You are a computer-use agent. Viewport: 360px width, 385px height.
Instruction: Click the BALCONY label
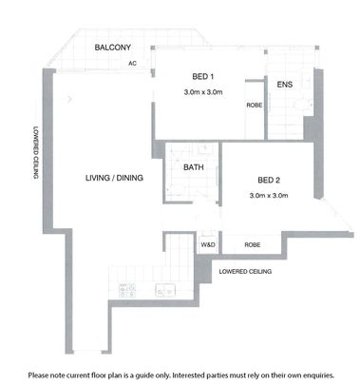pyautogui.click(x=112, y=48)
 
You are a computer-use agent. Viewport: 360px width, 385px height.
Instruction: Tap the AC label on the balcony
pyautogui.click(x=134, y=64)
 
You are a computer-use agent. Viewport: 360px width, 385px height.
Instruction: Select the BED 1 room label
pyautogui.click(x=202, y=76)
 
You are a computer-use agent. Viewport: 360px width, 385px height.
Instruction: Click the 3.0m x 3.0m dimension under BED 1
pyautogui.click(x=202, y=92)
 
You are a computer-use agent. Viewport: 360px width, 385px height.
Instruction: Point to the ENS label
pyautogui.click(x=284, y=85)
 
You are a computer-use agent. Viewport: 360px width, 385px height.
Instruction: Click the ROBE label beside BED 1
pyautogui.click(x=254, y=106)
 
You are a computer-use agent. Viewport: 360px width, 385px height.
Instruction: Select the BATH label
pyautogui.click(x=194, y=167)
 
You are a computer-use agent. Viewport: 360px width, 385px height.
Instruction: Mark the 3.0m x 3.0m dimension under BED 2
pyautogui.click(x=268, y=196)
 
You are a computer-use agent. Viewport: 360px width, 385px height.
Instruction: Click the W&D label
pyautogui.click(x=207, y=245)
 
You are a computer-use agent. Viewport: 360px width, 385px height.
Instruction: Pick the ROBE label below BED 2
pyautogui.click(x=252, y=245)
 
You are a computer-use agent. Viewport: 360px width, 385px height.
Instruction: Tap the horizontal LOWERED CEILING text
pyautogui.click(x=246, y=272)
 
